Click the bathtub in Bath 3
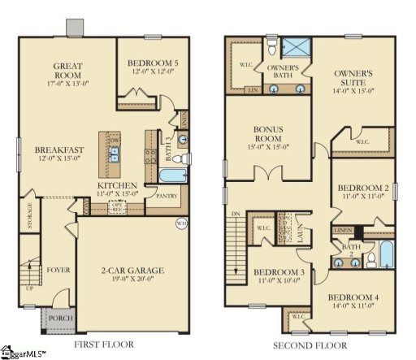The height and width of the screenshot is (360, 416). click(172, 177)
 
